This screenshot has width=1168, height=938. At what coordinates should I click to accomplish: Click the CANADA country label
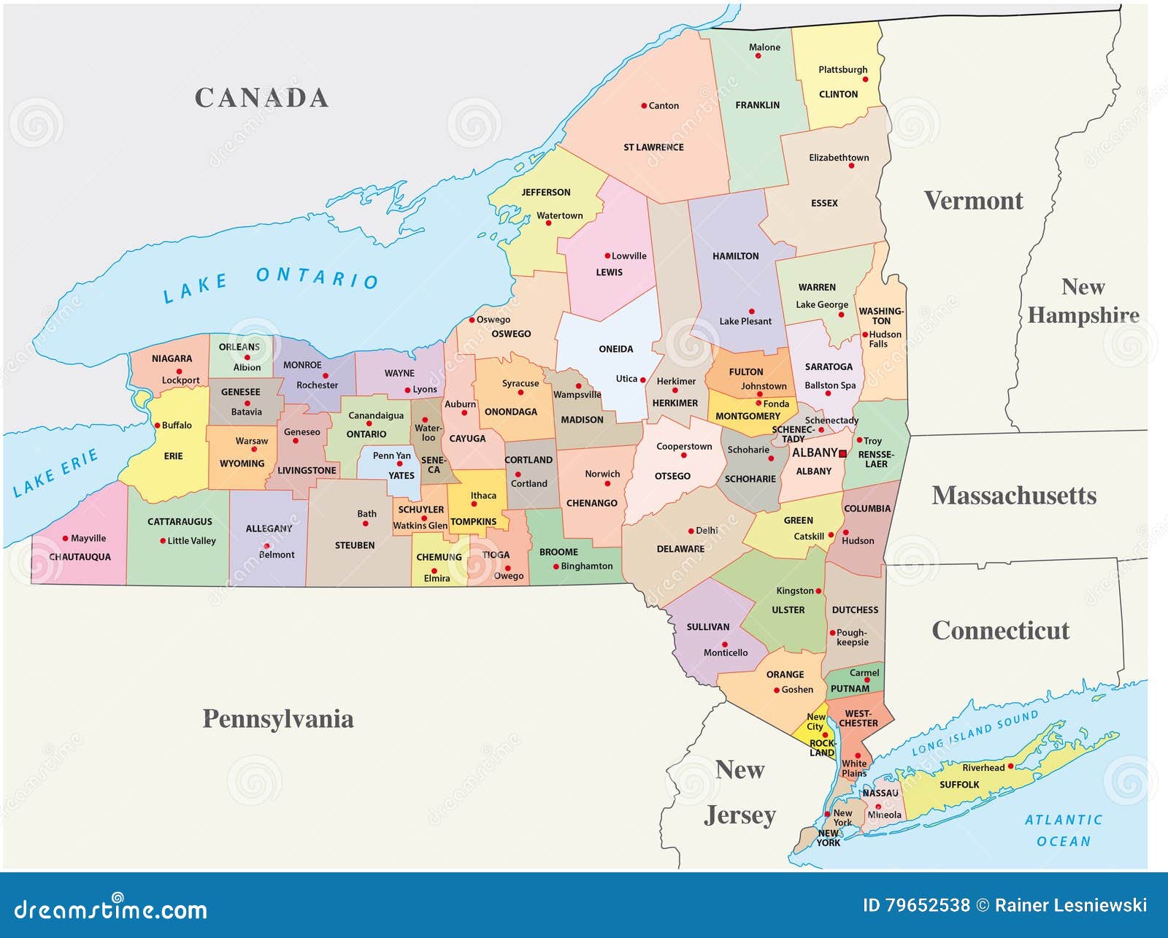click(261, 98)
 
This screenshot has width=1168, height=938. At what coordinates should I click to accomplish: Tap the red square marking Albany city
click(842, 453)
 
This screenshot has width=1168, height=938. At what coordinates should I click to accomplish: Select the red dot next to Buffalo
click(157, 425)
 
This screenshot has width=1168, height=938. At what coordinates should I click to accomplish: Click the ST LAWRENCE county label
click(653, 147)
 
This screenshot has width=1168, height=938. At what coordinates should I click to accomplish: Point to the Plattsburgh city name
click(842, 70)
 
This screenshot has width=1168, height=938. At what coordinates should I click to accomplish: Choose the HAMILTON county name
click(735, 256)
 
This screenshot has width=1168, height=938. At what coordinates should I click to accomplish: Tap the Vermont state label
click(973, 201)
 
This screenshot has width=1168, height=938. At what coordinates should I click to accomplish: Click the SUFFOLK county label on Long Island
click(958, 785)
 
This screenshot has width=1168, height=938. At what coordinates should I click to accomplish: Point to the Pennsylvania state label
click(277, 719)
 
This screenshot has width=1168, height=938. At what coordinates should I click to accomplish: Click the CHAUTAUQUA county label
click(80, 557)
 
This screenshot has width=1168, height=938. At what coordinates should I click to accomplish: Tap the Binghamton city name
click(587, 566)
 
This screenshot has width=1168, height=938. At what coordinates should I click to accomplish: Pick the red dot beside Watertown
click(549, 223)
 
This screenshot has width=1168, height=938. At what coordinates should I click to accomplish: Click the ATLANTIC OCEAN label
click(1063, 831)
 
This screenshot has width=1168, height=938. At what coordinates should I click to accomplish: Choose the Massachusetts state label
click(1014, 496)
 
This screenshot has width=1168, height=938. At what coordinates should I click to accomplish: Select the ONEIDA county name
click(615, 349)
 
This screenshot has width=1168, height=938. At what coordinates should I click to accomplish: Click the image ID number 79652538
click(927, 906)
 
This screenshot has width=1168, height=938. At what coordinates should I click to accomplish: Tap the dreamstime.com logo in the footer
click(111, 909)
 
